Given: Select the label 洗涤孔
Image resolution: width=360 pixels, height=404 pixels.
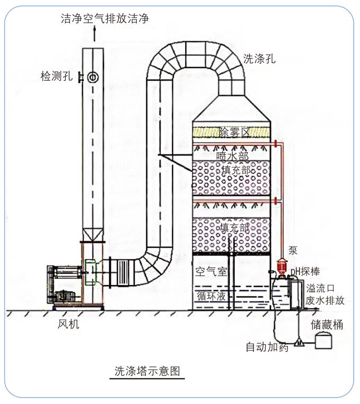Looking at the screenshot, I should point(260,58).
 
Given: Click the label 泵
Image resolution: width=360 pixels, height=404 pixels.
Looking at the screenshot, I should point(293,250).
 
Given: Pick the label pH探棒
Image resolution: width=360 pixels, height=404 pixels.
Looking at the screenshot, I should point(304,272).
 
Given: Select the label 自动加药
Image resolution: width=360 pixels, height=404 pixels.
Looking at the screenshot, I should point(267,347).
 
